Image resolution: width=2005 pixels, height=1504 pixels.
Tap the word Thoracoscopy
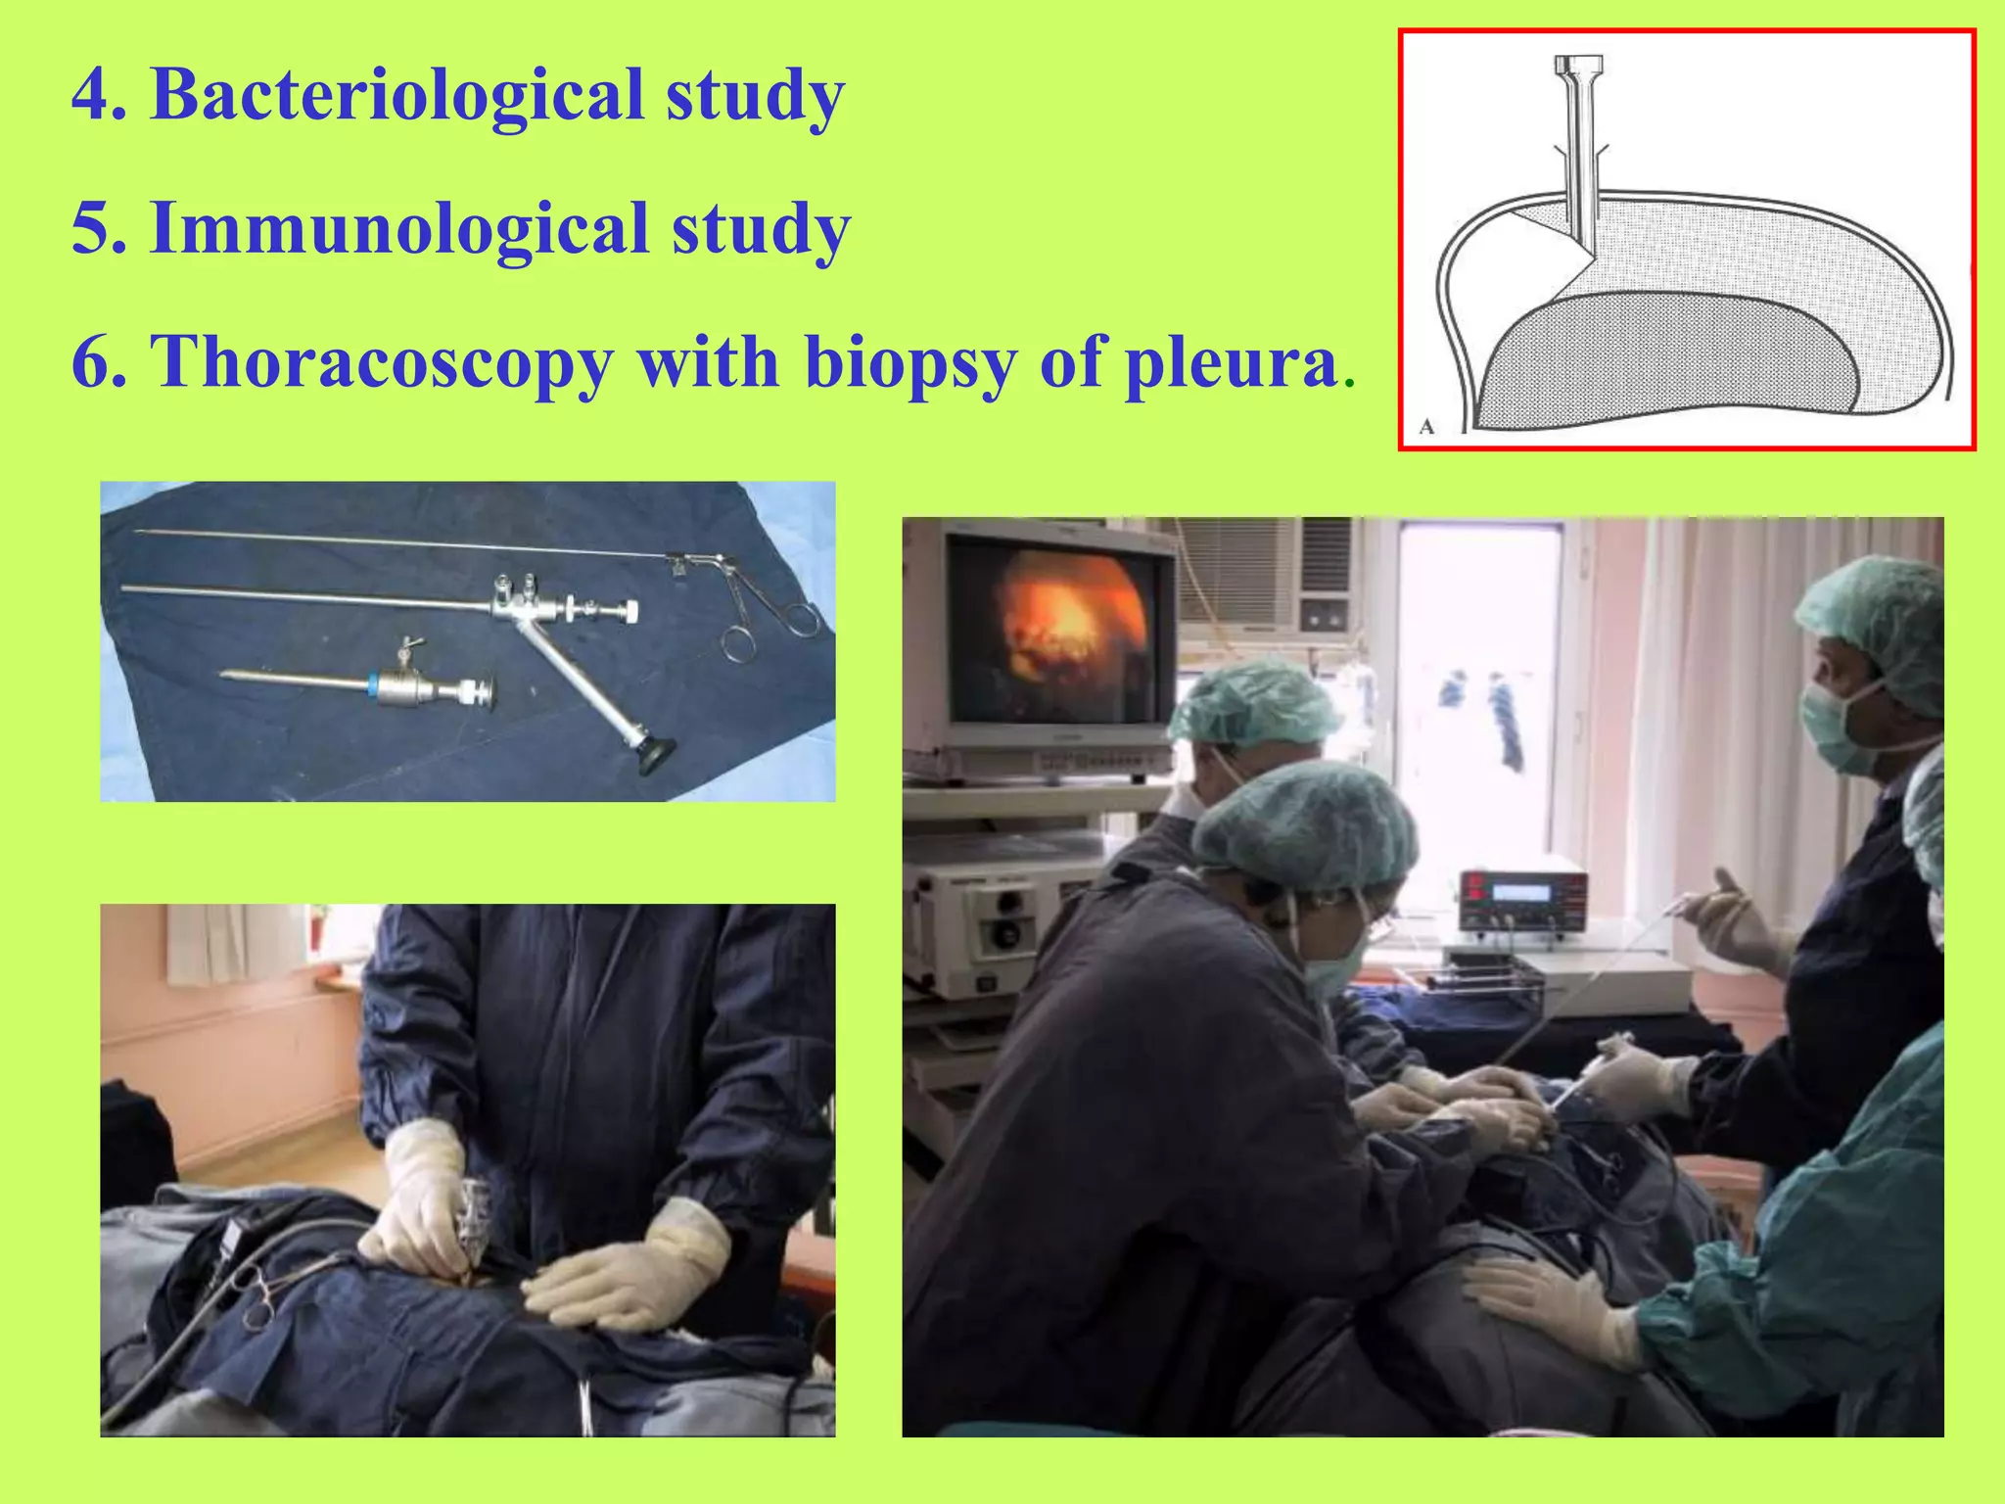[x=382, y=362]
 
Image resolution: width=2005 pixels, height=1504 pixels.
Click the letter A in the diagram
[x=1426, y=427]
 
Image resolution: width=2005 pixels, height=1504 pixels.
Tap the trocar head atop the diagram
[x=1578, y=70]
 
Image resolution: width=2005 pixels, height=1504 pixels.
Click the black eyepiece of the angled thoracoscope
[x=655, y=752]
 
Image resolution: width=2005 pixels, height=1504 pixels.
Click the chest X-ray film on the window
[x=1478, y=705]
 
